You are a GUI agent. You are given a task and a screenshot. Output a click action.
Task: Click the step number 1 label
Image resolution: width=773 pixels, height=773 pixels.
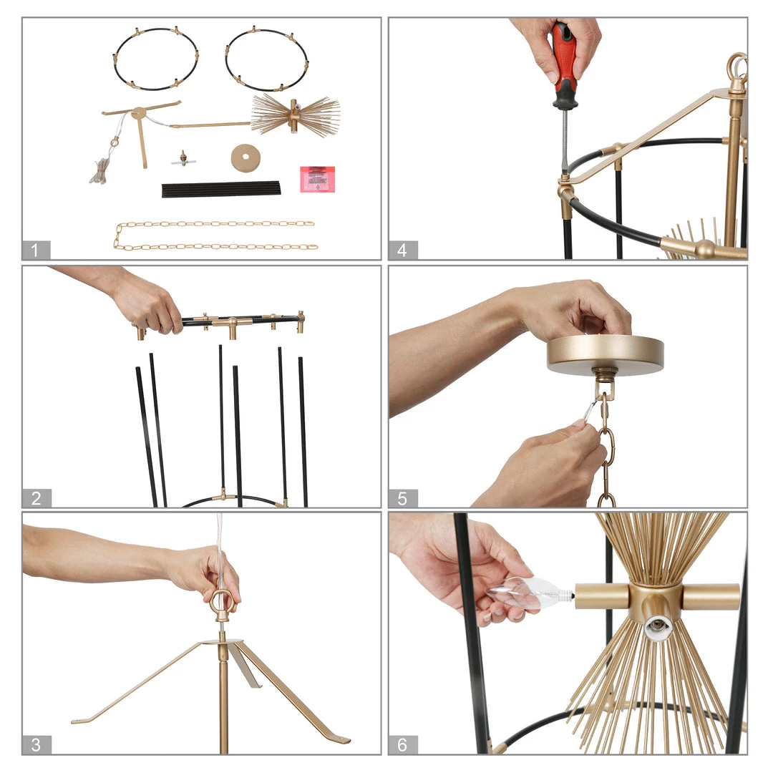pos(36,250)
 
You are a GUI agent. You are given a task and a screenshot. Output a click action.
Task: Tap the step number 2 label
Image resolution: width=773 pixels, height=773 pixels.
pos(37,498)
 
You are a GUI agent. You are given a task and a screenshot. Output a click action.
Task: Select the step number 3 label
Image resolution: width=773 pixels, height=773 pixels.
pos(36,744)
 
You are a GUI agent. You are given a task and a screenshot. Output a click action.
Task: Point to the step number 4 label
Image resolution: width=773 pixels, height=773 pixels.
pos(403,250)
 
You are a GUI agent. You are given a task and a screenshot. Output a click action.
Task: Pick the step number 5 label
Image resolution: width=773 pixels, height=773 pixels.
pos(403,498)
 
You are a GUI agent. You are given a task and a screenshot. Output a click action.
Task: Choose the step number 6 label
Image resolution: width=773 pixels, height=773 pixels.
pos(403,744)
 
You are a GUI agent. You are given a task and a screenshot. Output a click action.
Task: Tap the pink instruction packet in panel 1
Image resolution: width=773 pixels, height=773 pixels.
pos(318,179)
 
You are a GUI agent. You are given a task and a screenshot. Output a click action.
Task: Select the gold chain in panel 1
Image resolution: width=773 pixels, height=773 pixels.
pos(215,235)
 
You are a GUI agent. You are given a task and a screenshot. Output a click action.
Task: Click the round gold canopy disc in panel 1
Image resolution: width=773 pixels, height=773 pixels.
pos(245,158)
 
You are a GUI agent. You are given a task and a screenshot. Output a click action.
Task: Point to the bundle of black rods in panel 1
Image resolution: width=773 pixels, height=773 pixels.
pos(221,189)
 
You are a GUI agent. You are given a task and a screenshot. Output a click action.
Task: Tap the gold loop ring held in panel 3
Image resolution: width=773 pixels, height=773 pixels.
pos(220,603)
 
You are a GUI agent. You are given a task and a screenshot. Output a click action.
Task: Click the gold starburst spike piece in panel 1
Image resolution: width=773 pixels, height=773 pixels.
pos(295,116)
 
